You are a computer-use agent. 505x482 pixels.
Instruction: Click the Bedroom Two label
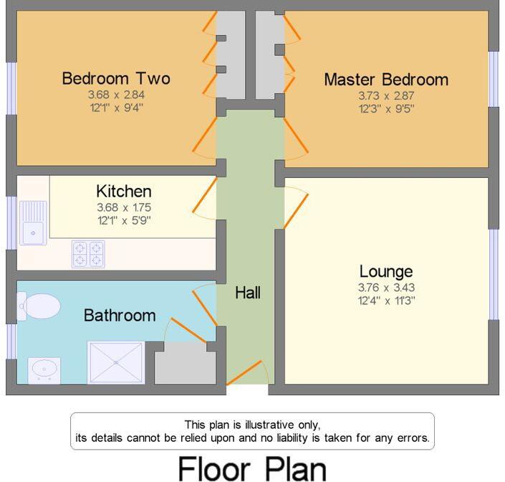click(x=115, y=78)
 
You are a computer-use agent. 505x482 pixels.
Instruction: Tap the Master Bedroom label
click(x=386, y=79)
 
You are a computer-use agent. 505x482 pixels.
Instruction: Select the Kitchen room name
click(x=124, y=192)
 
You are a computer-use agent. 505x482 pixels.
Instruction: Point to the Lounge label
click(x=386, y=271)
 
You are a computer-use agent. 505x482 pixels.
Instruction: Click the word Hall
click(x=248, y=293)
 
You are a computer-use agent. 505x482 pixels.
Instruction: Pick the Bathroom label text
click(x=120, y=315)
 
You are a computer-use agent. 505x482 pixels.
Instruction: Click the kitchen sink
click(x=32, y=222)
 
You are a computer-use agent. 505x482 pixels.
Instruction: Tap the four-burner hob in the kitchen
click(x=87, y=254)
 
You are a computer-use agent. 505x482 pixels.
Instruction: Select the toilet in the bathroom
click(x=39, y=306)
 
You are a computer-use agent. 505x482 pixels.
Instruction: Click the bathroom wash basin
click(x=44, y=369)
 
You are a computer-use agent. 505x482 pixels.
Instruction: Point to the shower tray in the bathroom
click(x=115, y=362)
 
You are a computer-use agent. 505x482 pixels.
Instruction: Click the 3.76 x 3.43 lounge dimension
click(x=386, y=288)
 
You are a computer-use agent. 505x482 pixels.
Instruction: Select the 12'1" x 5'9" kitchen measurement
click(x=124, y=220)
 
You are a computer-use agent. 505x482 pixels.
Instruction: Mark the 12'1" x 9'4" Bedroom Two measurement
click(x=115, y=108)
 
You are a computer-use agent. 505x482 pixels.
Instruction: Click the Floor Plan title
click(x=251, y=468)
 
